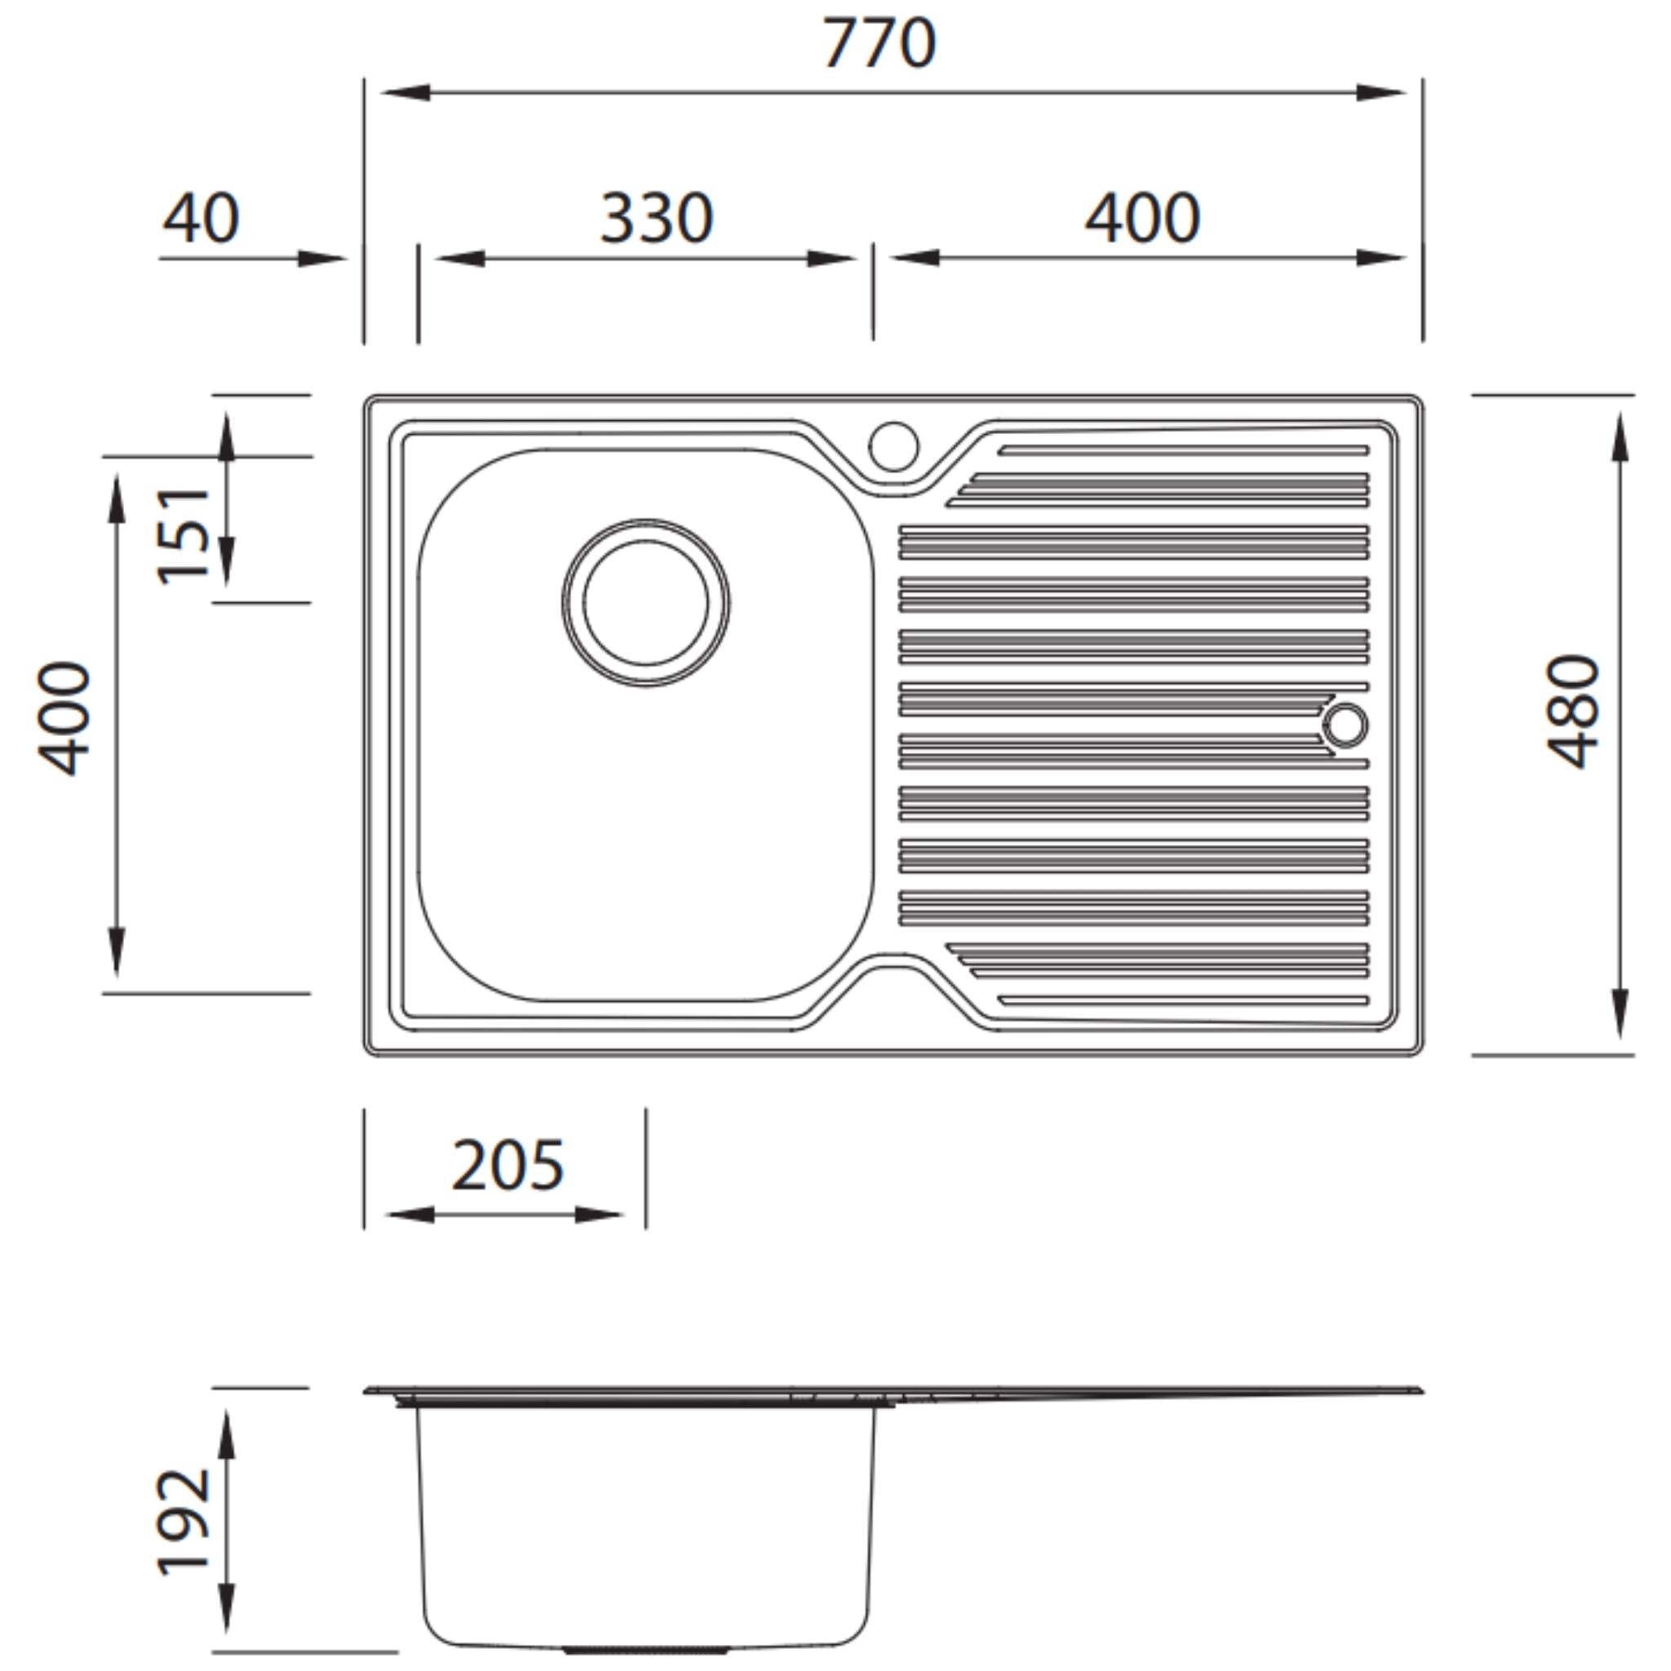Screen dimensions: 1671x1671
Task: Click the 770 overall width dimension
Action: pos(878,43)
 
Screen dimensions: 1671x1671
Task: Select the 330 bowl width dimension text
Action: pos(657,218)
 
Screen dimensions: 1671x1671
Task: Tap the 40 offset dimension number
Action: pos(201,218)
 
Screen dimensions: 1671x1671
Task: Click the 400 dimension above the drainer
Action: pos(1141,218)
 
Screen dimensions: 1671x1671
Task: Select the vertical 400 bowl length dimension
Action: pos(66,719)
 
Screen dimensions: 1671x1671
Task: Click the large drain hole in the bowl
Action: pos(645,604)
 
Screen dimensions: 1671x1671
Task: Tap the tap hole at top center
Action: pos(893,446)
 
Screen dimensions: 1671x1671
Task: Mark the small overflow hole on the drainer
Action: pos(1345,725)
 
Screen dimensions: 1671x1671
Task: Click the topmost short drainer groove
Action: pos(1183,450)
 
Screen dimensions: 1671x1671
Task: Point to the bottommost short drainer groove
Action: pos(1183,1000)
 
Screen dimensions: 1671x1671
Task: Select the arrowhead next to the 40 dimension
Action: pos(321,258)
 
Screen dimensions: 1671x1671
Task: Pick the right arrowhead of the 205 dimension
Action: pos(599,1215)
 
